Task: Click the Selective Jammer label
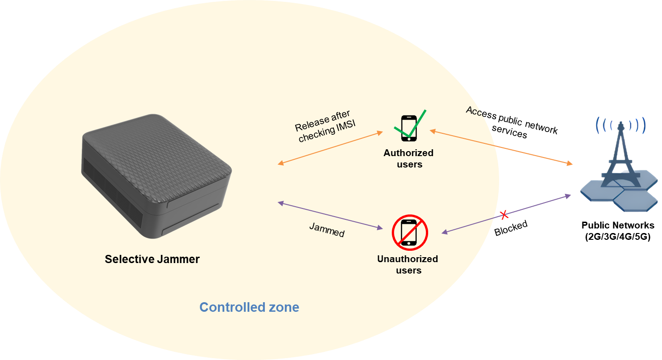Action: coord(152,259)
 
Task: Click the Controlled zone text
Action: coord(249,307)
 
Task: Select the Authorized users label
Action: coord(409,158)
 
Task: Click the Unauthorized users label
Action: coord(408,264)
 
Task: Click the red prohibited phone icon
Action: coord(410,233)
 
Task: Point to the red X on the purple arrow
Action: coord(504,215)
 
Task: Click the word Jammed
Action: coord(327,230)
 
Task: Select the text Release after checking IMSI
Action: coord(324,127)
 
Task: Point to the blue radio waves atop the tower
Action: coord(621,124)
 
